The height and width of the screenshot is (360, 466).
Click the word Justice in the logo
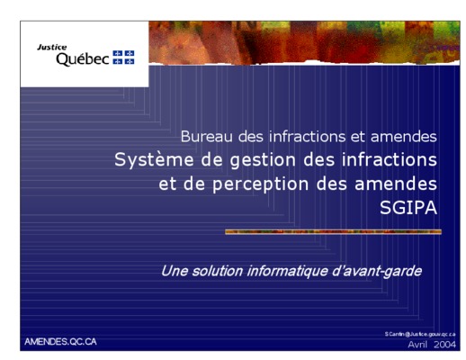52,47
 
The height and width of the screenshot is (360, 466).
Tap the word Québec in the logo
83,59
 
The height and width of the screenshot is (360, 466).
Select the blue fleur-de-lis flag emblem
123,58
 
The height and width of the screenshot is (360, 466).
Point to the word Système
154,160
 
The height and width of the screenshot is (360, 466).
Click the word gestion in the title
263,160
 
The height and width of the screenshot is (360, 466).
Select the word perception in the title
261,184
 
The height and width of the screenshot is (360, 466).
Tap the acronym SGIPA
408,208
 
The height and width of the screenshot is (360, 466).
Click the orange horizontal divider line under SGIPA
333,231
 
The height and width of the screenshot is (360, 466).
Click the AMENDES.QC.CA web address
60,342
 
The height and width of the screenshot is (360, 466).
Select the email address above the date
420,334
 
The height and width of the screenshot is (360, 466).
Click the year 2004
444,345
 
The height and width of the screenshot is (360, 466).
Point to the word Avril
417,345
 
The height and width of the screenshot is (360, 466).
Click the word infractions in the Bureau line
308,137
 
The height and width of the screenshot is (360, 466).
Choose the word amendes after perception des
396,184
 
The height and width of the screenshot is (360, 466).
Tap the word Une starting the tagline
175,271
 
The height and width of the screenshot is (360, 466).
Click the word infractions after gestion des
390,160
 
